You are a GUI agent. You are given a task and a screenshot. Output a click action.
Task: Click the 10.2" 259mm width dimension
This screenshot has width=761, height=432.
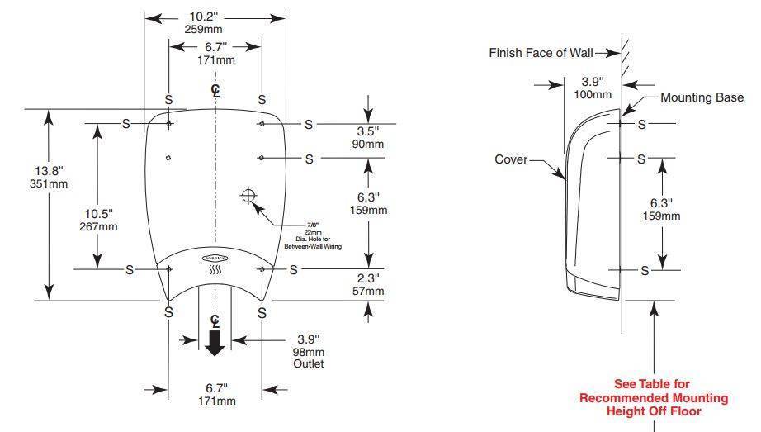click(x=215, y=22)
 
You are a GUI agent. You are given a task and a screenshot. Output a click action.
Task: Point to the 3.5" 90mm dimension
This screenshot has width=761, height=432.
click(x=368, y=137)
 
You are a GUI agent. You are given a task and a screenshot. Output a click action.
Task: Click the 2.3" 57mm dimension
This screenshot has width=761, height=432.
click(x=368, y=284)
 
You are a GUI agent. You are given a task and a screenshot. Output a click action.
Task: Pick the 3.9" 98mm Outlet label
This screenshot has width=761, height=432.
click(x=310, y=351)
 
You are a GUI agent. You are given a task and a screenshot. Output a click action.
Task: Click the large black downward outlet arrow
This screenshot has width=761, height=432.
click(x=215, y=342)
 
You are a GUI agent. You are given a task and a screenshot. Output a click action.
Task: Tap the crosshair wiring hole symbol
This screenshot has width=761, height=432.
click(x=248, y=196)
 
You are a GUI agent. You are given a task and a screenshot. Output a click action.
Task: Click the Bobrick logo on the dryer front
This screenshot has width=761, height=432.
click(x=215, y=258)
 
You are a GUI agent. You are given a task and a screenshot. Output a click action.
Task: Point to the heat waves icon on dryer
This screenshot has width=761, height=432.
click(x=215, y=268)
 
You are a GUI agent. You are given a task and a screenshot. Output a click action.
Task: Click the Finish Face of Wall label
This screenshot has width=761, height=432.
click(x=541, y=53)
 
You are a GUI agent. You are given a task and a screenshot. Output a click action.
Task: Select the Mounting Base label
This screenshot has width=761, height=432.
click(x=702, y=97)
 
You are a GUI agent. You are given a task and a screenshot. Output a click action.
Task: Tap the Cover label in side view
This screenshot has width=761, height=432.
click(x=511, y=159)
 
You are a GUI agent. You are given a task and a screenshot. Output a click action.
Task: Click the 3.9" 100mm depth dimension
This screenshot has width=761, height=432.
click(x=593, y=88)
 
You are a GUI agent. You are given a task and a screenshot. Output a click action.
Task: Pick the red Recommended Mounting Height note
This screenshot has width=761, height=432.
click(x=653, y=397)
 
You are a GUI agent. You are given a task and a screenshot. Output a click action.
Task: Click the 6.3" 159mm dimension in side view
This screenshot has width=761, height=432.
click(x=661, y=209)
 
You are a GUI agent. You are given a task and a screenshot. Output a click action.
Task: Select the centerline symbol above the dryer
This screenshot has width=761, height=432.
click(x=215, y=89)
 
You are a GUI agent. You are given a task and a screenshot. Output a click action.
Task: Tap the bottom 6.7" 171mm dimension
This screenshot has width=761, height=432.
click(x=215, y=394)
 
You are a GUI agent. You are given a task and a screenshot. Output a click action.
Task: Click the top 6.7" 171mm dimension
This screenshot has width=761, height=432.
click(x=215, y=54)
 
